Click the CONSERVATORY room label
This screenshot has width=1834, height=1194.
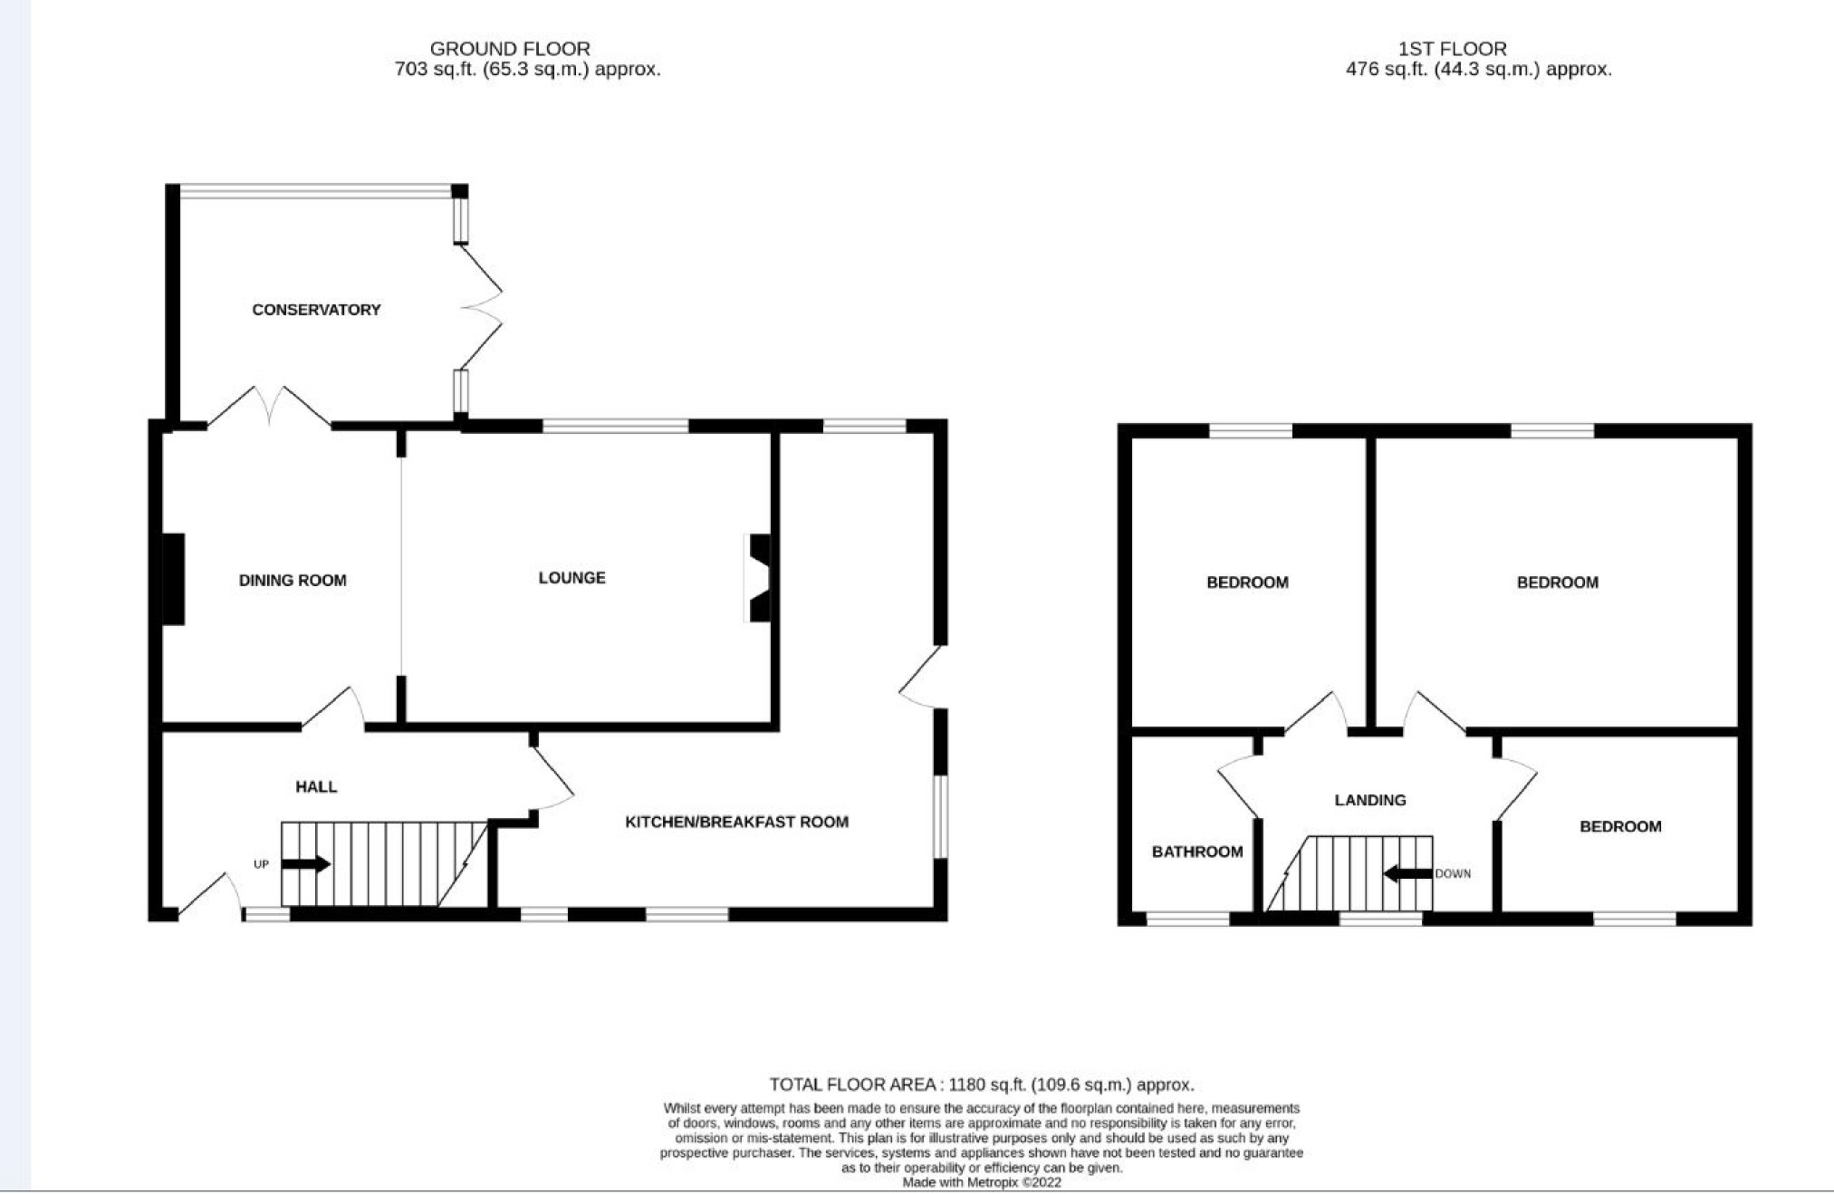click(316, 310)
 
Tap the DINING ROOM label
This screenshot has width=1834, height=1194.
click(293, 581)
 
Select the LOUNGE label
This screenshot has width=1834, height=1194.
click(571, 578)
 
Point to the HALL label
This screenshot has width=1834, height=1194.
click(316, 787)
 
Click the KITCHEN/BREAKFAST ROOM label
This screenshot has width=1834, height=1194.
click(736, 823)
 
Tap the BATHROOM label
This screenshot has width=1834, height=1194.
click(1196, 852)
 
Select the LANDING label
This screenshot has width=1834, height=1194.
click(1369, 800)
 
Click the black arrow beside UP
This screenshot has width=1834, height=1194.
click(306, 864)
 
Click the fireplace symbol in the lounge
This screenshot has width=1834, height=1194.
click(759, 578)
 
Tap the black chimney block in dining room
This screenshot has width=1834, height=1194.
click(173, 580)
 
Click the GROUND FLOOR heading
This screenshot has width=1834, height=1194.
click(510, 49)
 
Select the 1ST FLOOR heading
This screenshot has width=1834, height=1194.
click(1452, 49)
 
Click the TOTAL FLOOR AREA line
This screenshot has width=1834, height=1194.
click(981, 1084)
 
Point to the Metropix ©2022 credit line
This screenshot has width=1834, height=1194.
click(981, 1182)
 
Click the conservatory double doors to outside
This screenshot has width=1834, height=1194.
click(481, 306)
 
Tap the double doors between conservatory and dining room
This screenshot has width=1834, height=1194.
click(269, 407)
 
